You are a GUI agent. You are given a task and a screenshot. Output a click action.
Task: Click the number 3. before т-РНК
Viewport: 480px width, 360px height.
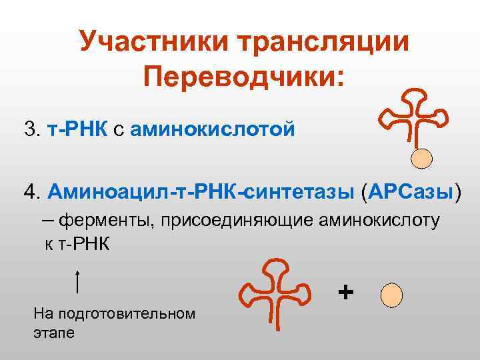(x=32, y=128)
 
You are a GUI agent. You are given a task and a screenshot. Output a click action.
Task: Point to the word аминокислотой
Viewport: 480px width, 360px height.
(x=212, y=128)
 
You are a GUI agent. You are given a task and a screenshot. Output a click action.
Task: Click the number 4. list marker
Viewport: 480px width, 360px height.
(x=32, y=193)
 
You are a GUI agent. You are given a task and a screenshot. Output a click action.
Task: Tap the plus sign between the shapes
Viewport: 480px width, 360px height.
(x=345, y=292)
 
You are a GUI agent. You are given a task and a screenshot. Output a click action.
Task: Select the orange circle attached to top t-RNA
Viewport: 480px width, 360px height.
(x=421, y=157)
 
